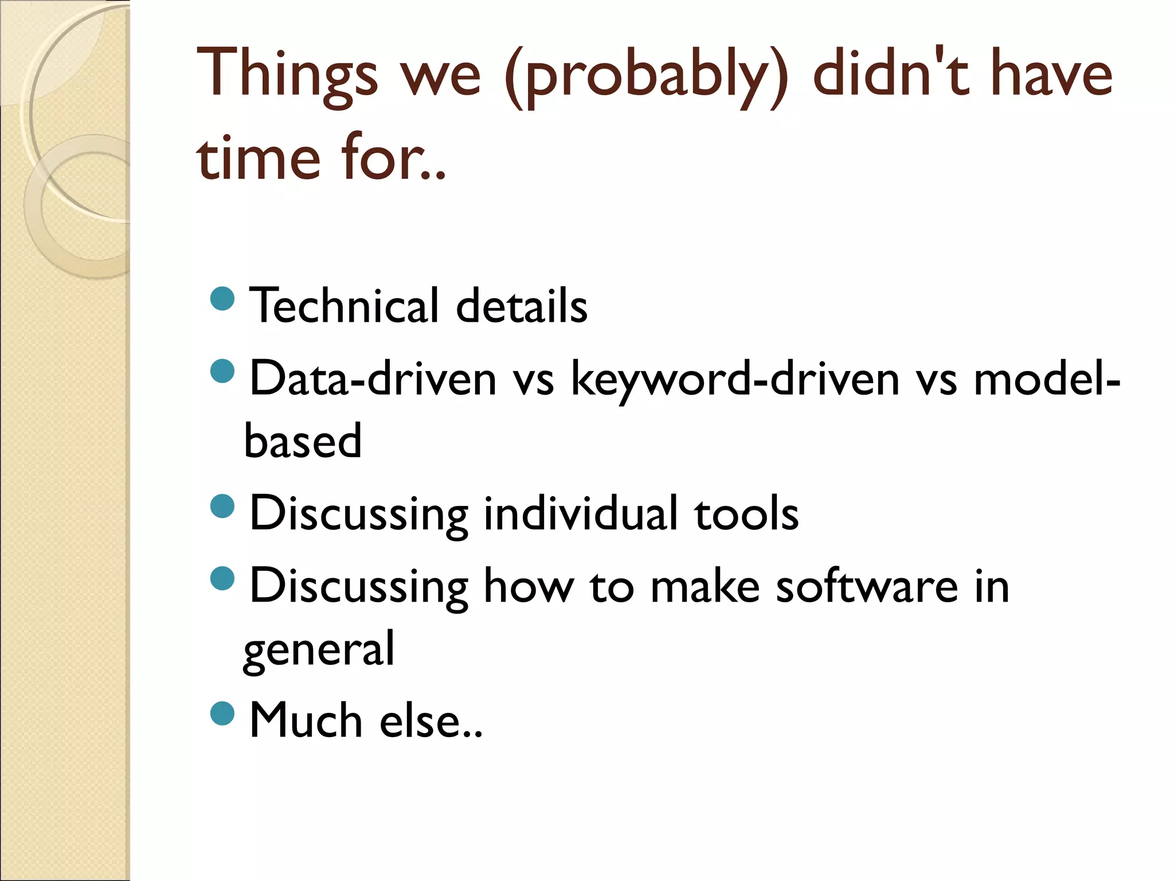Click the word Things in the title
click(x=287, y=75)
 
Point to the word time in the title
click(x=258, y=158)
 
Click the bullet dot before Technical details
click(x=222, y=299)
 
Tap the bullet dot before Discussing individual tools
click(x=222, y=506)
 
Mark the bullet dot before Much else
click(x=222, y=714)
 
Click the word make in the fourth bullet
click(x=705, y=586)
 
